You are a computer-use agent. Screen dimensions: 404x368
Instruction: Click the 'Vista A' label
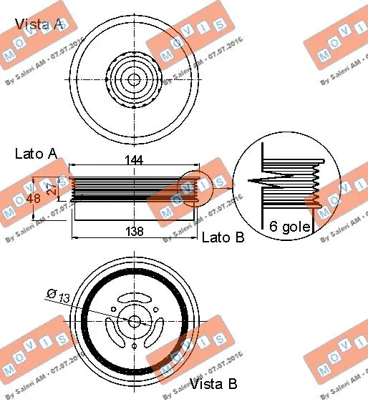pyautogui.click(x=39, y=24)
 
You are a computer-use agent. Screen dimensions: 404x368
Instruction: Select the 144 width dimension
pyautogui.click(x=133, y=160)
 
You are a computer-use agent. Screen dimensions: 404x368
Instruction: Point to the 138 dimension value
pyautogui.click(x=133, y=231)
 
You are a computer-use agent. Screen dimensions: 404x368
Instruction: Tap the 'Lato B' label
pyautogui.click(x=223, y=237)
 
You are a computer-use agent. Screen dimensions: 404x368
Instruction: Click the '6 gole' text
pyautogui.click(x=289, y=227)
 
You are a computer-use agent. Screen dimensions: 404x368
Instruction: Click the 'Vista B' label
pyautogui.click(x=213, y=385)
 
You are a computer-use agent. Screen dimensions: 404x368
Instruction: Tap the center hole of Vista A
pyautogui.click(x=134, y=79)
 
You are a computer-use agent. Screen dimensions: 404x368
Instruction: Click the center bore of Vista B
pyautogui.click(x=134, y=322)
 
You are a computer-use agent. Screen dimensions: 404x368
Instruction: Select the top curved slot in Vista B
pyautogui.click(x=134, y=297)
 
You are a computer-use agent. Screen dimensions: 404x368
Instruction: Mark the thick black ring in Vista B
pyautogui.click(x=84, y=322)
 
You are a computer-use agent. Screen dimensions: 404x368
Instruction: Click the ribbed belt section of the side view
pyautogui.click(x=133, y=188)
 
